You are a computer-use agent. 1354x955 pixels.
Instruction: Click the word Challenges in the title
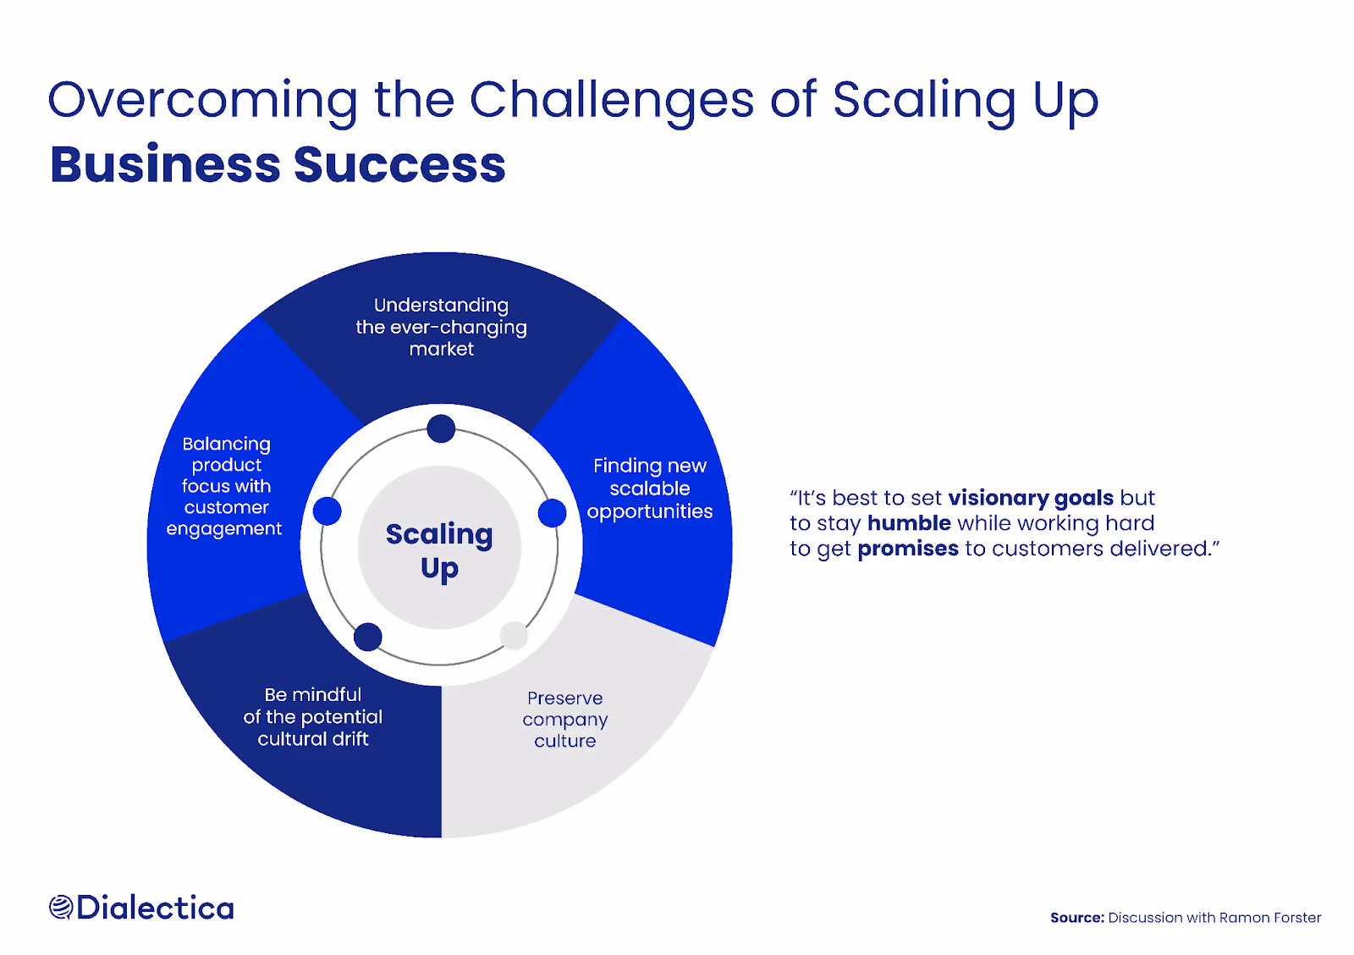611,101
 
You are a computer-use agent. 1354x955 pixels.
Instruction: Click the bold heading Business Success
278,164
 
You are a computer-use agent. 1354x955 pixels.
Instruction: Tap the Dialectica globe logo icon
60,908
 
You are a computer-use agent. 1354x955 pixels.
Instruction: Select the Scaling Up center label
439,550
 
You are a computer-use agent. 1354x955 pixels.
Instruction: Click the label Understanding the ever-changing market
442,327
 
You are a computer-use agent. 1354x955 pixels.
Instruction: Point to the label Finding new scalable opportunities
650,489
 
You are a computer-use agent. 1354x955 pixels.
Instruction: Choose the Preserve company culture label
565,720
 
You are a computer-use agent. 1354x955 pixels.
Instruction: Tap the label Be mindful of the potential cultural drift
313,716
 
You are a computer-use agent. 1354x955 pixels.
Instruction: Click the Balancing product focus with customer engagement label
226,486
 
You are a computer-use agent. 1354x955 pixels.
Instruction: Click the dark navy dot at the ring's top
441,429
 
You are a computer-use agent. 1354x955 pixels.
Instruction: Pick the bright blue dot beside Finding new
552,513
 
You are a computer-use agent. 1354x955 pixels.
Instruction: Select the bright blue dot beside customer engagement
327,511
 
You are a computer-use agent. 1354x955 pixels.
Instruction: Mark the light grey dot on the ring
514,635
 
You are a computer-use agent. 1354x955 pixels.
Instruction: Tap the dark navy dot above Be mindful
368,637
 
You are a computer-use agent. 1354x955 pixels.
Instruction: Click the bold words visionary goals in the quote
1031,498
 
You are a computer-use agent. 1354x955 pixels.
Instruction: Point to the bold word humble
909,523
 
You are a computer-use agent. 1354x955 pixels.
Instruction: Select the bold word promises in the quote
908,549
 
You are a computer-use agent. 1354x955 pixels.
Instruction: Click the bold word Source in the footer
1076,918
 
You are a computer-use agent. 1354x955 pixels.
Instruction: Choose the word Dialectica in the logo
155,908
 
